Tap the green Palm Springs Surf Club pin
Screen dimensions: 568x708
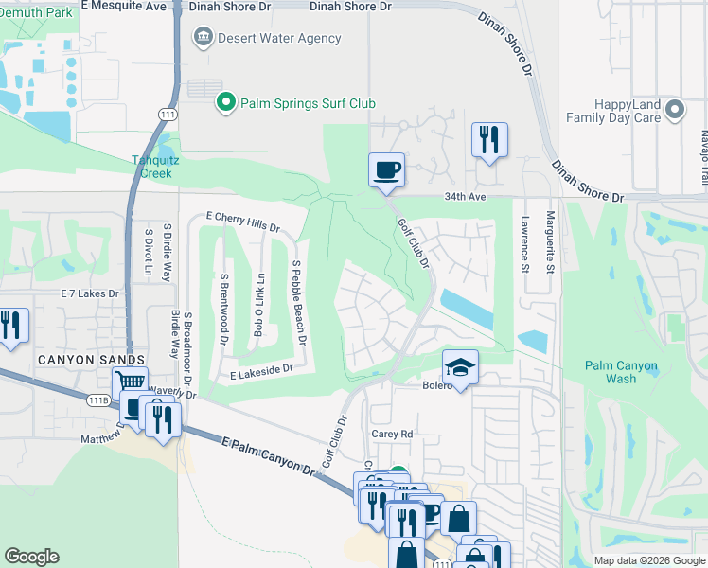click(226, 102)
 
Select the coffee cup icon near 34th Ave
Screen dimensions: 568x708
click(386, 170)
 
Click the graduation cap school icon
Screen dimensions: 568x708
click(460, 367)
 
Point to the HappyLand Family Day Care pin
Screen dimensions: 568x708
click(675, 110)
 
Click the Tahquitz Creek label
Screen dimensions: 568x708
click(151, 167)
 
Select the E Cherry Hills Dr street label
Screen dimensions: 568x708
click(242, 222)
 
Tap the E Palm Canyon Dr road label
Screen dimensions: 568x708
click(269, 454)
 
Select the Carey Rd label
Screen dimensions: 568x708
click(393, 434)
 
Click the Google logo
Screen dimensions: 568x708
click(32, 557)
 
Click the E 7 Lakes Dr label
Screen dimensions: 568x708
click(91, 293)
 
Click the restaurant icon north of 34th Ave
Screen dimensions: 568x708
click(489, 140)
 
